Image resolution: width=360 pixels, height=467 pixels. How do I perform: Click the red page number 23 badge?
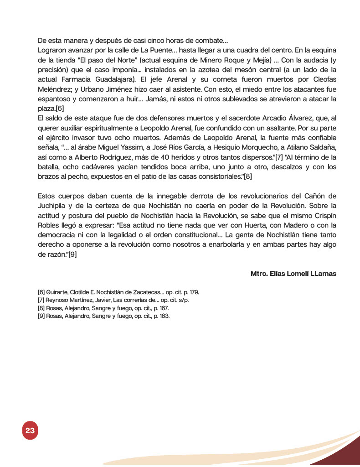click(x=30, y=431)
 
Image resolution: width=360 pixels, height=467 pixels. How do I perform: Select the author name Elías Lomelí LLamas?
click(x=293, y=274)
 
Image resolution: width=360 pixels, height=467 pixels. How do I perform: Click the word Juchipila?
click(x=54, y=206)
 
